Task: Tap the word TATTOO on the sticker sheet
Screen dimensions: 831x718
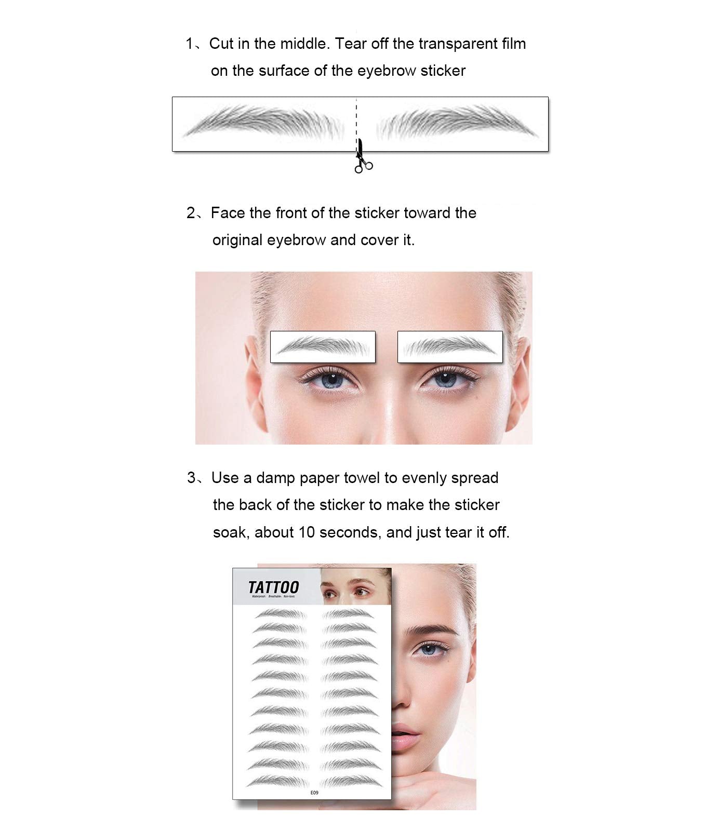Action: tap(273, 587)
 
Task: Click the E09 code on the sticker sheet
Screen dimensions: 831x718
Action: tap(314, 793)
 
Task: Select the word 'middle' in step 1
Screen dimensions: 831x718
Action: tap(304, 44)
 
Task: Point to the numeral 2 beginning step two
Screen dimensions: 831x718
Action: tap(191, 213)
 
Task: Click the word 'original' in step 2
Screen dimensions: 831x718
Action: tap(238, 240)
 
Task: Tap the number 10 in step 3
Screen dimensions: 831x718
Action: tap(307, 532)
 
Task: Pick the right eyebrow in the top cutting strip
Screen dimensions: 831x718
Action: tap(457, 123)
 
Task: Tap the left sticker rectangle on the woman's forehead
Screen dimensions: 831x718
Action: tap(323, 346)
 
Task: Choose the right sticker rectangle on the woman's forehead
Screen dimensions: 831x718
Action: tap(450, 346)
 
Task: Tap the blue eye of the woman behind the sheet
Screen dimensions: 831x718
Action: tap(428, 649)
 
